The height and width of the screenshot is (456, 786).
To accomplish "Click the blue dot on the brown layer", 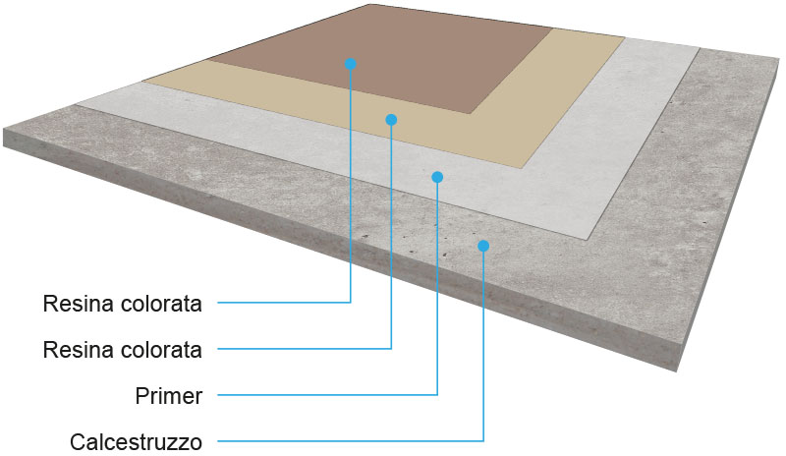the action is (351, 64).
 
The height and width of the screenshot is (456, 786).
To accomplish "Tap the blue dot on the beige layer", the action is (391, 119).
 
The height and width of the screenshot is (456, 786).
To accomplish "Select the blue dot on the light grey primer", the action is (437, 177).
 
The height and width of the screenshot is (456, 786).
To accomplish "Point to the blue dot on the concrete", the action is (483, 246).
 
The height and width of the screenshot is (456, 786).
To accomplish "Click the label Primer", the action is (169, 396).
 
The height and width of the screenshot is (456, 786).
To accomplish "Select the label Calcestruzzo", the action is (136, 442).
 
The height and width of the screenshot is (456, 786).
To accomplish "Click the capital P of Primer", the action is (141, 396).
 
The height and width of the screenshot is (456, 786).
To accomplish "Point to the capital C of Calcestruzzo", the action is (78, 442).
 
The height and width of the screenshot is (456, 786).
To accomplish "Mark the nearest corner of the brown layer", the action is (471, 113).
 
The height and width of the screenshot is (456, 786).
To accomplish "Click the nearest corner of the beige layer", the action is (522, 168).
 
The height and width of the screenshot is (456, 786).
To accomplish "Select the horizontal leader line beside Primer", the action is (327, 395).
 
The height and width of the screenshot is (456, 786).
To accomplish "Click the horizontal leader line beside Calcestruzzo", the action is (351, 441).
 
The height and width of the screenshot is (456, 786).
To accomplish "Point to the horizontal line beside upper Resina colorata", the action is (284, 303).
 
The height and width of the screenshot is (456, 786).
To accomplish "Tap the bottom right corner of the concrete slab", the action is (677, 371).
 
